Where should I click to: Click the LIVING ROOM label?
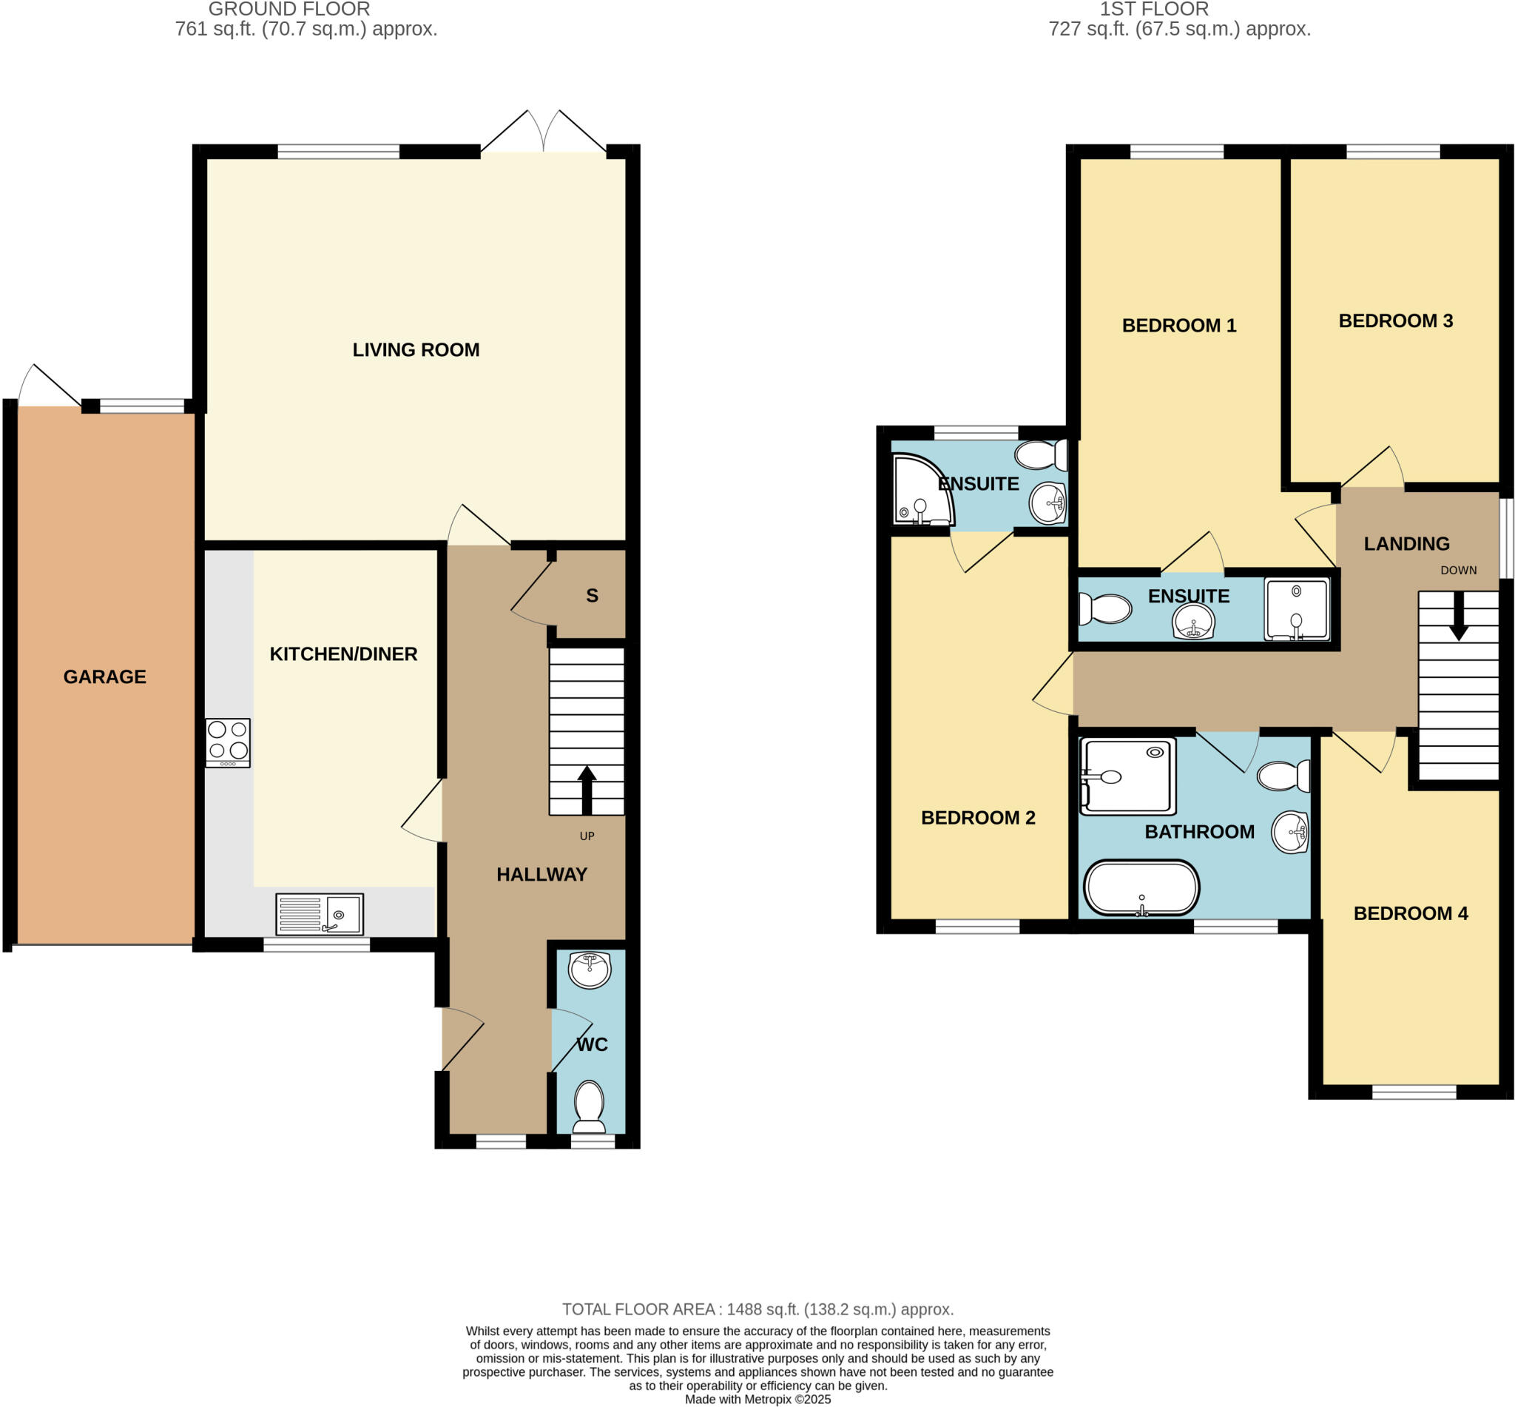416,349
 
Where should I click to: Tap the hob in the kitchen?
228,742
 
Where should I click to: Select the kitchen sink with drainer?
319,913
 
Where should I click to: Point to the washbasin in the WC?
589,970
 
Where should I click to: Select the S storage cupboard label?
592,595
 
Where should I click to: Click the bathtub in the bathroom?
1141,887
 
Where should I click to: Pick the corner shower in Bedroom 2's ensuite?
922,491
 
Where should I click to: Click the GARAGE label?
104,676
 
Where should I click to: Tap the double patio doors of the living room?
543,135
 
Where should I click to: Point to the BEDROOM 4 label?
1410,913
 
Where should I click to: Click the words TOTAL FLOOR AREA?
638,1309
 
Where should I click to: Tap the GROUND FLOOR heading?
289,9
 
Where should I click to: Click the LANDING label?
1406,543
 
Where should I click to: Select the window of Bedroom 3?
1392,152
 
